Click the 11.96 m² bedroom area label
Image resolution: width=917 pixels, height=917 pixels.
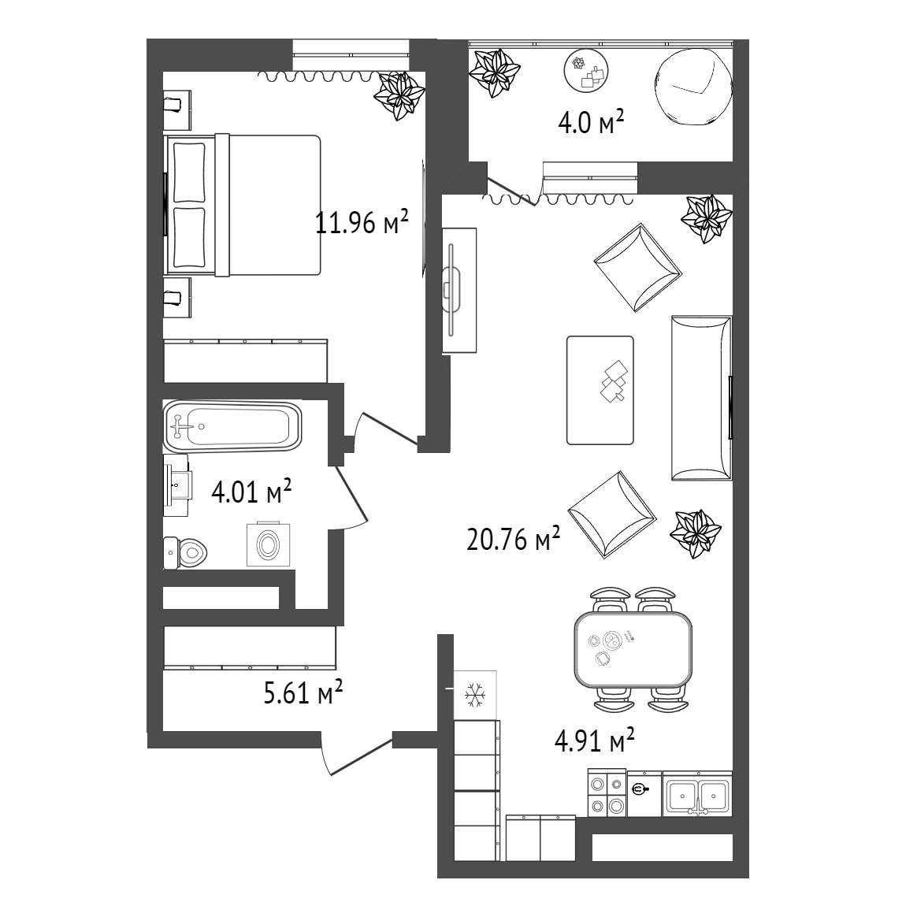click(x=362, y=221)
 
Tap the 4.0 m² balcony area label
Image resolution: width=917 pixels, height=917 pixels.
click(x=591, y=122)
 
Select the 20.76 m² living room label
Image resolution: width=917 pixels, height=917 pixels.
click(x=514, y=538)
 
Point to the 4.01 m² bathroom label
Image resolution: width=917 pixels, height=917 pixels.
click(x=251, y=491)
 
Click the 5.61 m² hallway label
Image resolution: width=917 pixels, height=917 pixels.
click(x=303, y=692)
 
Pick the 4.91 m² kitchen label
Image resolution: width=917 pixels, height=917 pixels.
click(x=594, y=740)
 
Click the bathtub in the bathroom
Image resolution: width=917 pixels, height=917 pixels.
click(x=232, y=426)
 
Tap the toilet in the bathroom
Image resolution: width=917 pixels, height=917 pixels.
click(x=185, y=552)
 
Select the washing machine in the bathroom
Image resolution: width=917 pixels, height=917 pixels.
click(x=269, y=544)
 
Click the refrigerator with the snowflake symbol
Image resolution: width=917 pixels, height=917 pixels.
click(x=475, y=695)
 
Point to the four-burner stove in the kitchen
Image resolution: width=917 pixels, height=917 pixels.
click(x=607, y=793)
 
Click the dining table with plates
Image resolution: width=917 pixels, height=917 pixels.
click(x=633, y=649)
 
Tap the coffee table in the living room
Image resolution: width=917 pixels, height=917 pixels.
click(x=600, y=390)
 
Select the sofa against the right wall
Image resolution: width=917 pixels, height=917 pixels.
click(x=701, y=399)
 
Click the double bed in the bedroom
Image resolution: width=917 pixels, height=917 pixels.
click(x=243, y=206)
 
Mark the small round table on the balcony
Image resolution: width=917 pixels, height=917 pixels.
click(x=586, y=72)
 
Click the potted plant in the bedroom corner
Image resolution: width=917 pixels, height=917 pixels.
click(x=399, y=96)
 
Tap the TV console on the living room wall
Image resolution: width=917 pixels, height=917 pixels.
click(x=459, y=290)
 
